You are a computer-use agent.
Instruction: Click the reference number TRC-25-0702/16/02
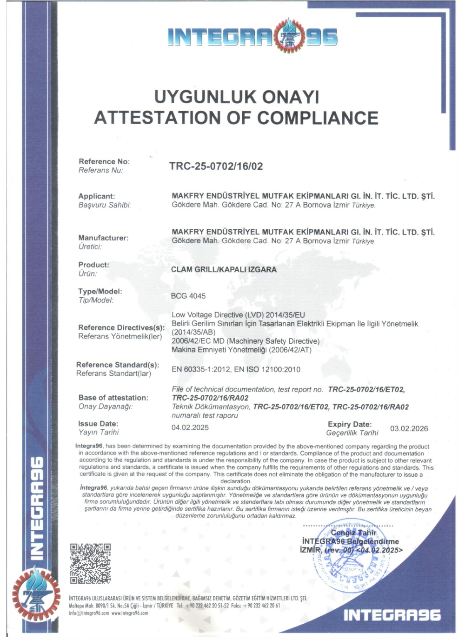[x=216, y=167]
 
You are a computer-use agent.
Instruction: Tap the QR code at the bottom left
[x=90, y=563]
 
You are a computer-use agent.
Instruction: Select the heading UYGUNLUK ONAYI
[x=236, y=97]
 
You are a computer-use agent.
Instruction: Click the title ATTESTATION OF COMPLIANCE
[x=236, y=118]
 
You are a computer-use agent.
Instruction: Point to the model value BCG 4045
[x=188, y=296]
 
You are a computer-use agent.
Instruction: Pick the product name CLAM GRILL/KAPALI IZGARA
[x=224, y=269]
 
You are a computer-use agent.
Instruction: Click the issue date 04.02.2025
[x=190, y=427]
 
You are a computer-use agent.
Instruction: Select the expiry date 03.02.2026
[x=409, y=428]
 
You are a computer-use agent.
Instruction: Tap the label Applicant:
[x=96, y=196]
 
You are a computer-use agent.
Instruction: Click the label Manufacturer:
[x=103, y=238]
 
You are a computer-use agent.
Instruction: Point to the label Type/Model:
[x=100, y=292]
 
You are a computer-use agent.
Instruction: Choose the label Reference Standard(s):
[x=118, y=365]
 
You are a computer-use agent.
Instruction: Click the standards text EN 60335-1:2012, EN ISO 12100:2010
[x=236, y=369]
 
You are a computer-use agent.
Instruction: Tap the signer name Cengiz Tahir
[x=353, y=533]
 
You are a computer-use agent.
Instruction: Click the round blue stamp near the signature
[x=346, y=558]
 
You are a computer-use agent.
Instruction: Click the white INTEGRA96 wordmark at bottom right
[x=392, y=615]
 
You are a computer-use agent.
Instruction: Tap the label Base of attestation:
[x=113, y=398]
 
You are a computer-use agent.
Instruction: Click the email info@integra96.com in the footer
[x=89, y=613]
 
